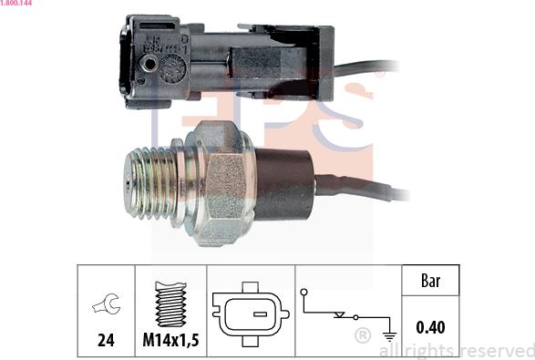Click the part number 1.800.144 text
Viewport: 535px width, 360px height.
(x=16, y=3)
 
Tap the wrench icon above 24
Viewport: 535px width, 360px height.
(x=106, y=303)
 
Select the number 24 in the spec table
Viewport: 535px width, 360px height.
(x=106, y=340)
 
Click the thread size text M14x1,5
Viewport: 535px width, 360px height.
(x=170, y=340)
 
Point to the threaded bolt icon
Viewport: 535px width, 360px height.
(x=170, y=303)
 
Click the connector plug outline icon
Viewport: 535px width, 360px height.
(x=251, y=314)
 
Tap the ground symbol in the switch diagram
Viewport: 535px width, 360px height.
(x=390, y=336)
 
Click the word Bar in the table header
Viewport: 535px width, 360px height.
(x=430, y=281)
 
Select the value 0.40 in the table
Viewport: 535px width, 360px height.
(x=430, y=327)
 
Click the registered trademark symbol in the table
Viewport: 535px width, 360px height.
(x=363, y=335)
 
